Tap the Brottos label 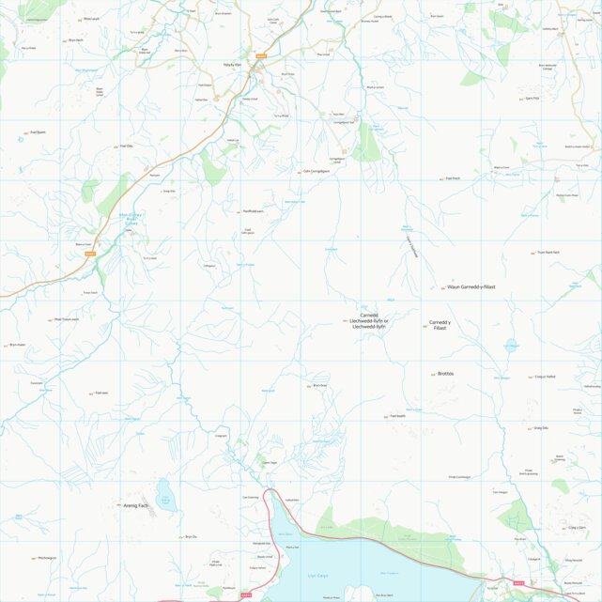click(x=445, y=373)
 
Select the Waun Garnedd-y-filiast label click(x=471, y=286)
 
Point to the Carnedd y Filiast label click(x=440, y=324)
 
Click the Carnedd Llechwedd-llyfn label click(x=368, y=320)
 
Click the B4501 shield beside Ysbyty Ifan click(x=261, y=56)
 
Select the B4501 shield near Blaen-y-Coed click(x=90, y=253)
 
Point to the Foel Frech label click(x=453, y=178)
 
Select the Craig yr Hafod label click(x=546, y=377)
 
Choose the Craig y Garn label click(x=576, y=528)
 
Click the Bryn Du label click(x=191, y=536)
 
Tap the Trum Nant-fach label click(x=548, y=253)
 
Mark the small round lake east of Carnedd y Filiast click(x=511, y=345)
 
